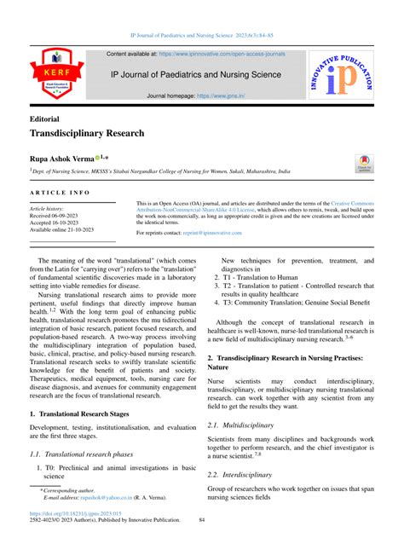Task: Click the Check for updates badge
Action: click(364, 163)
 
